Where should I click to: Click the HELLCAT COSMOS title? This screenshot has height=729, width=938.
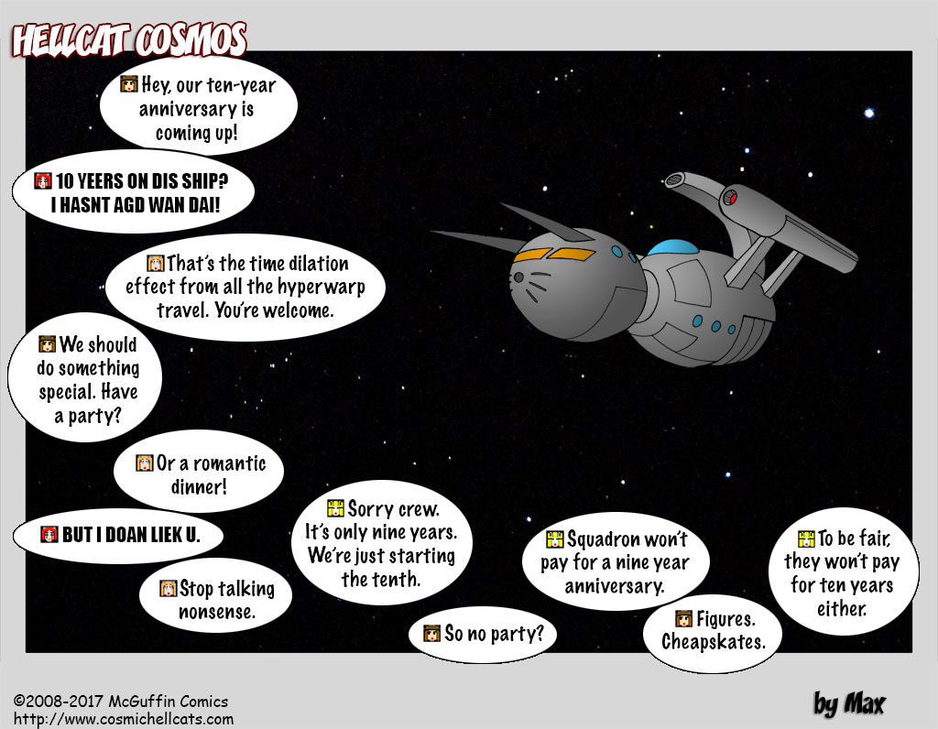pyautogui.click(x=128, y=40)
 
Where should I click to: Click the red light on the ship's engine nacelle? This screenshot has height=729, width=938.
pyautogui.click(x=730, y=198)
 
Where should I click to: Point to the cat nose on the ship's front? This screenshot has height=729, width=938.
pyautogui.click(x=518, y=277)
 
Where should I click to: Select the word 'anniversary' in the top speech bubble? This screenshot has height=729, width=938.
pyautogui.click(x=196, y=109)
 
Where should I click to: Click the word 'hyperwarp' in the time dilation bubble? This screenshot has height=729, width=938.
pyautogui.click(x=315, y=288)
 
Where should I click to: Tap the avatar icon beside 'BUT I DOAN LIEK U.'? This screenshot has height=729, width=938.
pyautogui.click(x=49, y=534)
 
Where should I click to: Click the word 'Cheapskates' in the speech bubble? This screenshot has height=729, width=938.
pyautogui.click(x=713, y=642)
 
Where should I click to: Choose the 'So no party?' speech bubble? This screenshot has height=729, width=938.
pyautogui.click(x=482, y=634)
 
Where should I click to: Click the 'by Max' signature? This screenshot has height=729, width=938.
pyautogui.click(x=849, y=704)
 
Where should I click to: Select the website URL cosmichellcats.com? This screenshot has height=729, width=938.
pyautogui.click(x=124, y=720)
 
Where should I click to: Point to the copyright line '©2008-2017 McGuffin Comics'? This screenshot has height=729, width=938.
pyautogui.click(x=121, y=702)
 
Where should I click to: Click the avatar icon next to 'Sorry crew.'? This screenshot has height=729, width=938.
pyautogui.click(x=335, y=508)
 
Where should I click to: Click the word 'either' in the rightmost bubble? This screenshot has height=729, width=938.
pyautogui.click(x=842, y=609)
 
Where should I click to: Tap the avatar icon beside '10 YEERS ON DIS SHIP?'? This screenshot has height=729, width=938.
pyautogui.click(x=43, y=180)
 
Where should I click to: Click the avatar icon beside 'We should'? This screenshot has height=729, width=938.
pyautogui.click(x=48, y=343)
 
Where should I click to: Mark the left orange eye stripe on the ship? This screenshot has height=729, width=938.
pyautogui.click(x=532, y=255)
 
